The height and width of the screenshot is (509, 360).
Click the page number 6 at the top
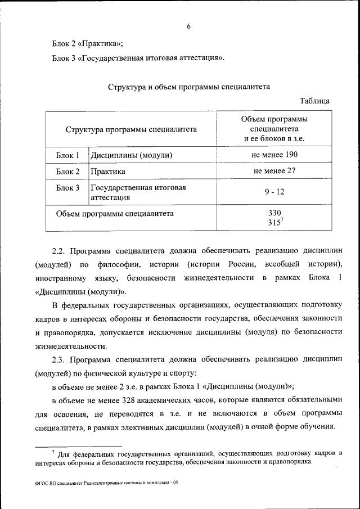189,26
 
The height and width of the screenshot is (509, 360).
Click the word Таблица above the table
315,101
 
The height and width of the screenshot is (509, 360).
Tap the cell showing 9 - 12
274,192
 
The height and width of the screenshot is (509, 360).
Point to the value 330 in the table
274,213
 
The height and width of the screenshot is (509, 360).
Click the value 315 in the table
273,222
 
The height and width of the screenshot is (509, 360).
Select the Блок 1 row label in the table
67,155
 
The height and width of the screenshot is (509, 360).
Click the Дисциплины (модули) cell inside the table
131,155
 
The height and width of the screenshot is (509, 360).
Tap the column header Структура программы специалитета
131,129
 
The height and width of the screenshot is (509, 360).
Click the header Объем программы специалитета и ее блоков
274,129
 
